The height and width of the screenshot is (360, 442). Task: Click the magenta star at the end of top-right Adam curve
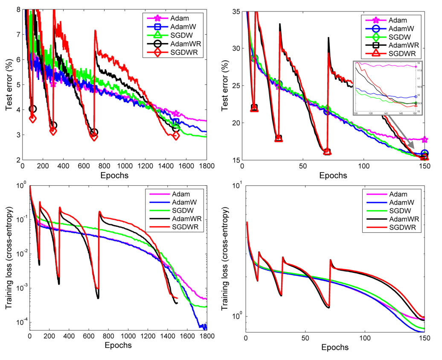(x=425, y=140)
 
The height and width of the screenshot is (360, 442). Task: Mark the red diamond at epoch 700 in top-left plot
(x=94, y=136)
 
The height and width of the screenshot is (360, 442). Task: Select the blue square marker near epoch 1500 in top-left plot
(x=176, y=122)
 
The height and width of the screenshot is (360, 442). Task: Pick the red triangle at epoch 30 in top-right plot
(x=278, y=139)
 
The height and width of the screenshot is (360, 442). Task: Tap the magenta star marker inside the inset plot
(x=416, y=67)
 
